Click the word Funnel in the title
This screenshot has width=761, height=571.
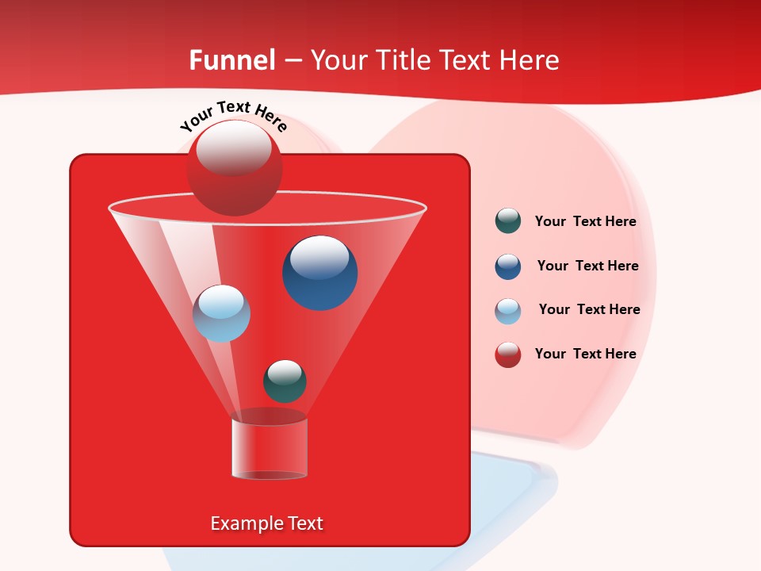[231, 60]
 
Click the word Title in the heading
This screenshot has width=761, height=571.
[403, 60]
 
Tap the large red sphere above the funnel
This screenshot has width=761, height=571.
[234, 168]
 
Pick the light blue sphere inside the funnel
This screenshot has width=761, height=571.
[221, 313]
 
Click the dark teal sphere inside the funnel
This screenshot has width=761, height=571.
[285, 381]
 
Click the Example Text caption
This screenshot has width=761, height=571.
[267, 523]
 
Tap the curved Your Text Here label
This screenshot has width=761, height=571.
[234, 116]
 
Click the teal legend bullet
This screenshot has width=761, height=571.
[508, 221]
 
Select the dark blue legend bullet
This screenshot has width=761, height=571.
[508, 266]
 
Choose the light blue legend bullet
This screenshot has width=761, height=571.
[508, 311]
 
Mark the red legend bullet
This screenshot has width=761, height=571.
[508, 354]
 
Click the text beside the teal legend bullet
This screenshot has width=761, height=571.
[585, 222]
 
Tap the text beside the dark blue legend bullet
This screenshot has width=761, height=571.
[587, 266]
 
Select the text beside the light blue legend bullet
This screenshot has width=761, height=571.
[589, 310]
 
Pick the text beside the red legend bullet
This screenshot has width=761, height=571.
[585, 354]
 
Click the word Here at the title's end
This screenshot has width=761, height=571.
[530, 60]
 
